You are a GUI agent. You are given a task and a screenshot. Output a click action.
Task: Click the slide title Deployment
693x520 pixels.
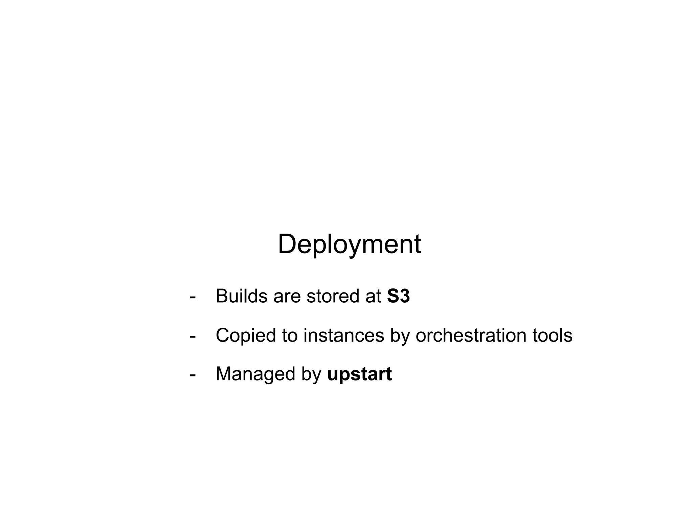[349, 244]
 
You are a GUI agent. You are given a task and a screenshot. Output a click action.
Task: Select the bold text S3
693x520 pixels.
[398, 296]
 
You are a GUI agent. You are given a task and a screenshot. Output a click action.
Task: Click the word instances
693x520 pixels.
[343, 335]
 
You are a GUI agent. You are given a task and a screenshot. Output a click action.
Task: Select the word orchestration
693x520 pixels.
[471, 335]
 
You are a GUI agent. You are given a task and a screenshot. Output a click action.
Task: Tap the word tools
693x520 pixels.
[552, 335]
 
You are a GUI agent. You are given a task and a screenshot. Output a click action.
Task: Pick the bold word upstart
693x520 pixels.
[359, 374]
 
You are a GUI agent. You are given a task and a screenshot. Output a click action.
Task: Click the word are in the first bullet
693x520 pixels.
[287, 297]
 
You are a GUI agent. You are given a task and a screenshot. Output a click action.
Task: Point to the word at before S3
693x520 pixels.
[373, 297]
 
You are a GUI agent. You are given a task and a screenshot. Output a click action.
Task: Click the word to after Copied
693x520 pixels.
[290, 335]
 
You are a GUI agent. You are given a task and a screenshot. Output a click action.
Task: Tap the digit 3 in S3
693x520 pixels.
[405, 296]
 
